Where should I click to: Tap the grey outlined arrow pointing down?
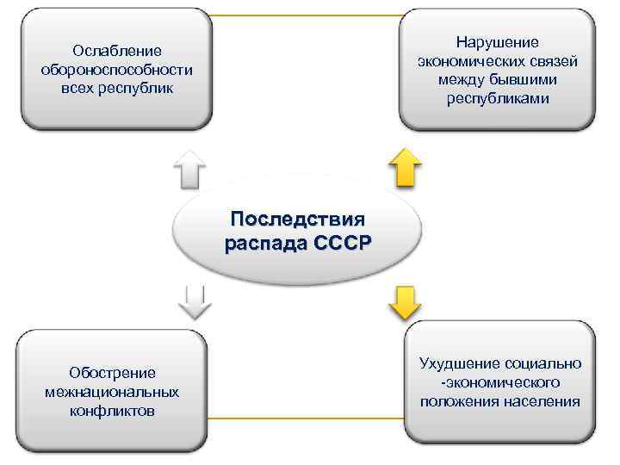pos(195,301)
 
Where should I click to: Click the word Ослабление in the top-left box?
pos(117,52)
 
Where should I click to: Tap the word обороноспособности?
pos(117,70)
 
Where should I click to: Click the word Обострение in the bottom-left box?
pos(113,373)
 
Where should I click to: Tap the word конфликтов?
pos(113,411)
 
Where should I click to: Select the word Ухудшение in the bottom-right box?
pos(464,363)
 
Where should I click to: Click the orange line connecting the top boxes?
pos(307,15)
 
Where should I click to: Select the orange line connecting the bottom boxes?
pos(307,418)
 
